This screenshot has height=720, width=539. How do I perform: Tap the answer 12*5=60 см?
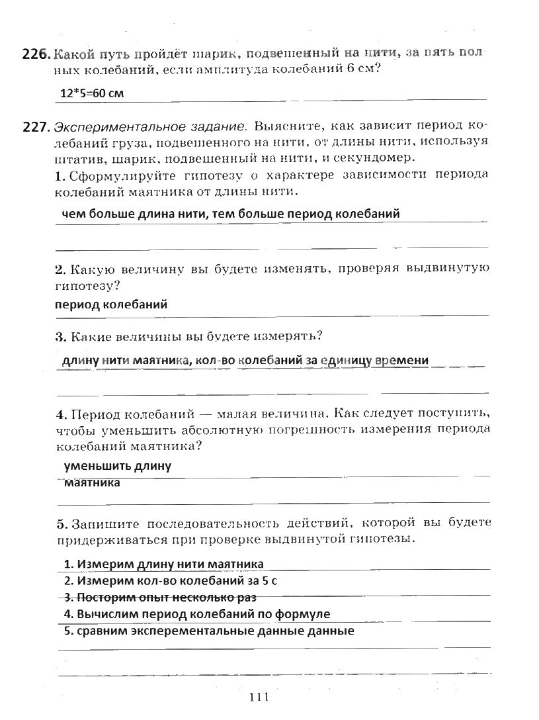point(92,93)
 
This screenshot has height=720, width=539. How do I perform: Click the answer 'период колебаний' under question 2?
point(111,304)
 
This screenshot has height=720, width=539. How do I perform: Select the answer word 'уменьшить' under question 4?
point(97,466)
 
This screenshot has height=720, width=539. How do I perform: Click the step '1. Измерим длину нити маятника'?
point(163,564)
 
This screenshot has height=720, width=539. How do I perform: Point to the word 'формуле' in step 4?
point(306,614)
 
